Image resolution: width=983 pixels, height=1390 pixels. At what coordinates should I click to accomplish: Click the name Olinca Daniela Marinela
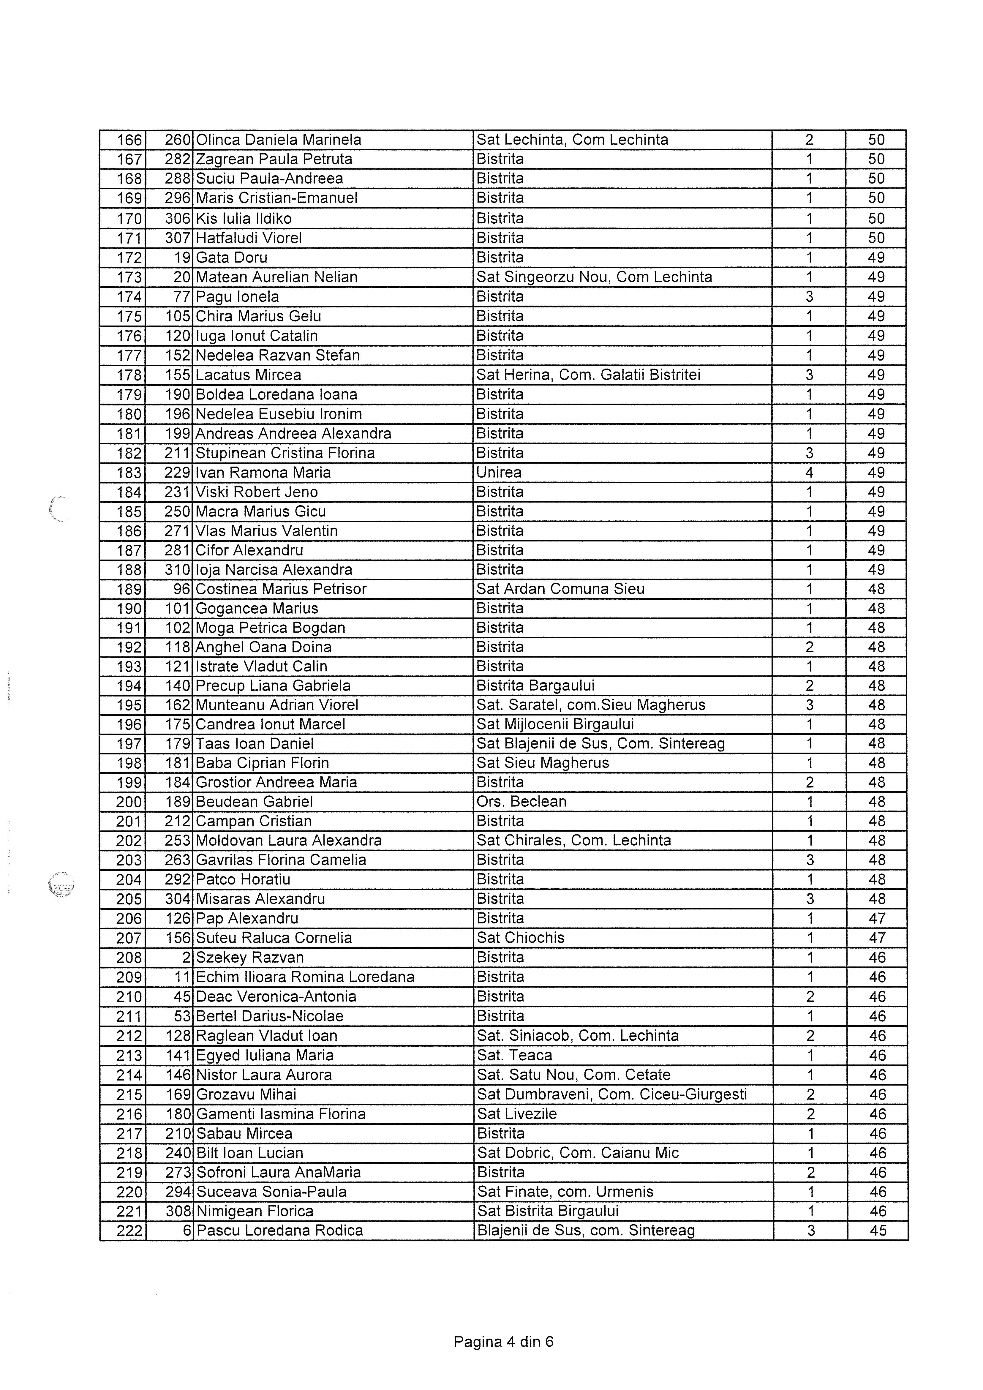pyautogui.click(x=279, y=140)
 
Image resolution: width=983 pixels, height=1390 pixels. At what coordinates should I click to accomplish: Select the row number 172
pyautogui.click(x=129, y=258)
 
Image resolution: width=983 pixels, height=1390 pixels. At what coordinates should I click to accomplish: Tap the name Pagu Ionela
pyautogui.click(x=237, y=297)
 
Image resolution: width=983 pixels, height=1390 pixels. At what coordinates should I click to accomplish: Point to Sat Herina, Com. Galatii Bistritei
pyautogui.click(x=588, y=375)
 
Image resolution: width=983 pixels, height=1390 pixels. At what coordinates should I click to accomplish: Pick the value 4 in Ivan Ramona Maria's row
pyautogui.click(x=809, y=473)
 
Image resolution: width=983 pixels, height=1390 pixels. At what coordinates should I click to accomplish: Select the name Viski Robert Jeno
pyautogui.click(x=257, y=492)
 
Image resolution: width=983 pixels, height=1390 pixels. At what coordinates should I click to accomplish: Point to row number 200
pyautogui.click(x=129, y=802)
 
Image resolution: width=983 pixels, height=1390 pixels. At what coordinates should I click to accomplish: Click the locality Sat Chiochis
pyautogui.click(x=521, y=938)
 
